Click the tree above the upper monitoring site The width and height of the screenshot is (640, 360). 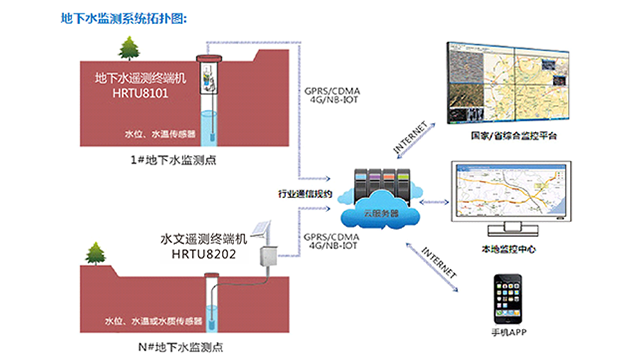[128, 47]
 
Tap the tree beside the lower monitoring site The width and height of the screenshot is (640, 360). [96, 254]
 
